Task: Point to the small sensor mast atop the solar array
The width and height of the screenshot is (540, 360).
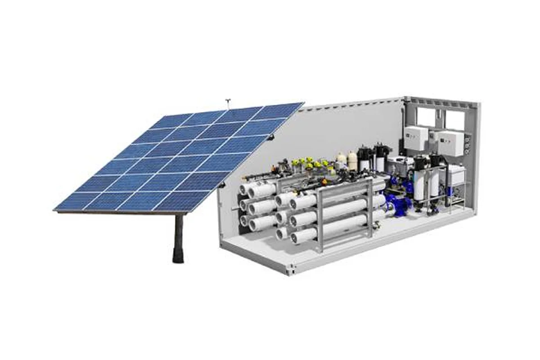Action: tap(228, 104)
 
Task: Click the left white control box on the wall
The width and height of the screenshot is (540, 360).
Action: tap(416, 138)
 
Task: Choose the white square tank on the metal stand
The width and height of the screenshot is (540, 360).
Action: tap(455, 175)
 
